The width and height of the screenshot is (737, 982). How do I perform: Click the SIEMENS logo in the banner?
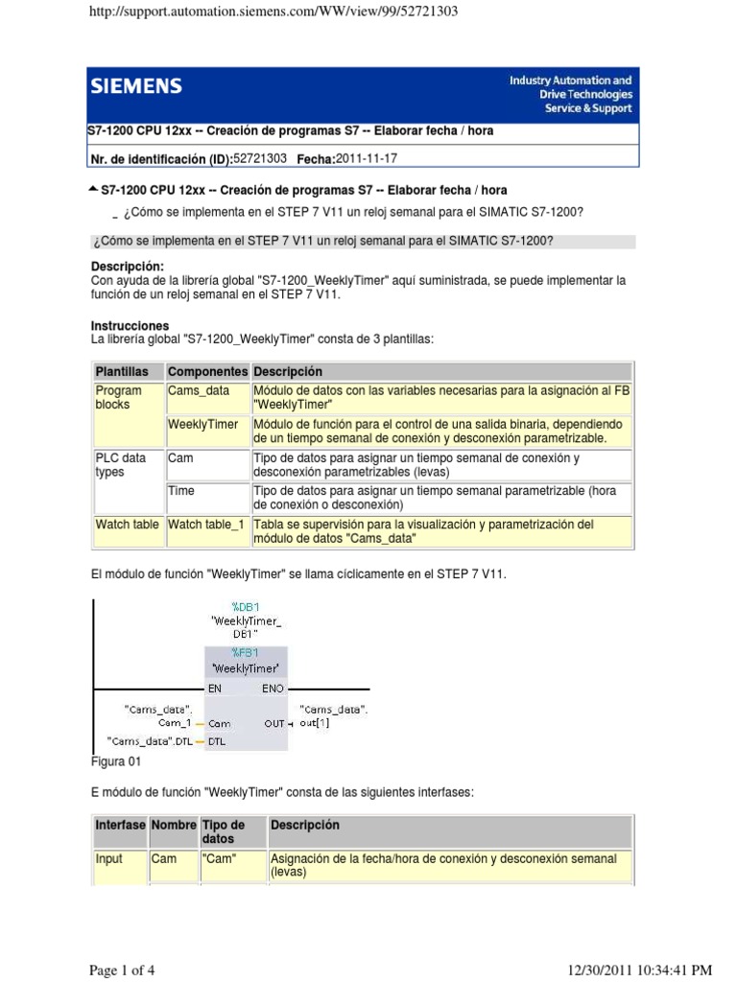click(x=136, y=87)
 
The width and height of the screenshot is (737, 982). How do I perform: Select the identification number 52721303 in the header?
click(x=260, y=158)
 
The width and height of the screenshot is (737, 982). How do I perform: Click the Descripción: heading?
click(x=128, y=266)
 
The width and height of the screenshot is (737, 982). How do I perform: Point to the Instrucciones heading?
click(x=131, y=326)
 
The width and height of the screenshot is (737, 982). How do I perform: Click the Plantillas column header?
click(x=122, y=371)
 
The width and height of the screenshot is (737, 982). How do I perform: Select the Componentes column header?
click(x=207, y=371)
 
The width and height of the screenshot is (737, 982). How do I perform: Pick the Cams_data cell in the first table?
click(x=199, y=390)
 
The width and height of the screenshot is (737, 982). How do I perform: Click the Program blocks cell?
click(x=118, y=397)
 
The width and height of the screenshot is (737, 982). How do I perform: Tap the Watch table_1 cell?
click(x=206, y=525)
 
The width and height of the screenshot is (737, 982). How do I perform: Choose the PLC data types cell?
click(x=121, y=464)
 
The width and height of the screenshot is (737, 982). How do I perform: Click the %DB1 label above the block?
click(x=246, y=606)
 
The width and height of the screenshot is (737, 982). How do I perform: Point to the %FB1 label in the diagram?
click(x=246, y=652)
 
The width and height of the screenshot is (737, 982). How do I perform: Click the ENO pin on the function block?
click(x=272, y=688)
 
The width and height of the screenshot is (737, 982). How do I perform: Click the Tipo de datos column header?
click(x=224, y=831)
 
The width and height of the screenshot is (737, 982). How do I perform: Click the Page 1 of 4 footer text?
click(x=122, y=970)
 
